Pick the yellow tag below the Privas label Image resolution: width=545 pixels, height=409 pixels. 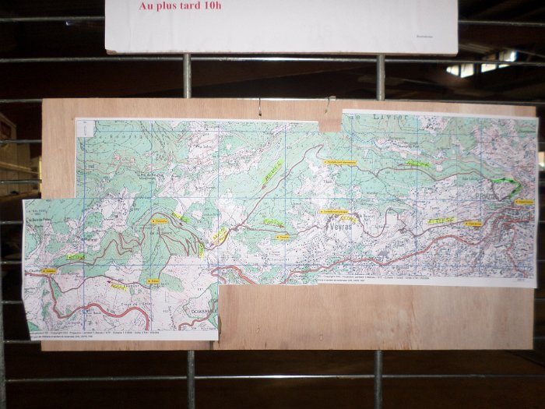(473, 224)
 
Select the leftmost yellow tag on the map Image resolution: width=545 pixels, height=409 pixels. (48, 270)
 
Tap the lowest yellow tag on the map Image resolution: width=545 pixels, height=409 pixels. (153, 280)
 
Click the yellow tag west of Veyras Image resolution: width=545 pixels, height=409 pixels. (283, 237)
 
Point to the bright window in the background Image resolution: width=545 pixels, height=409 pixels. (480, 65)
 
